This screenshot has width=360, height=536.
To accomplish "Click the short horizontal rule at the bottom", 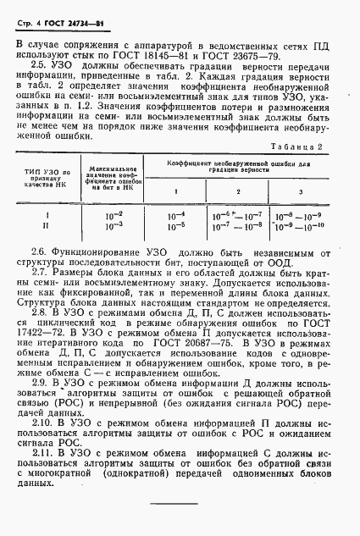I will point(174,506).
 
